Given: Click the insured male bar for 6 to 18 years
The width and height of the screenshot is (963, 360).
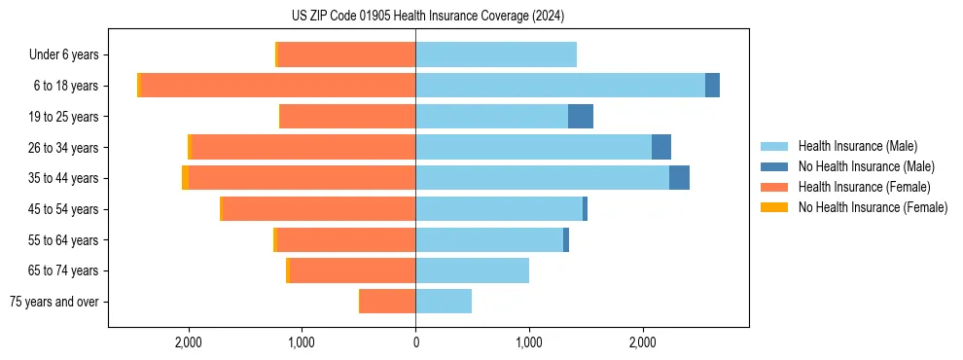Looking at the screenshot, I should point(560,86).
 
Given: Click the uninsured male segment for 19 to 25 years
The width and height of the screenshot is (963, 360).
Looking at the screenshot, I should point(581,117).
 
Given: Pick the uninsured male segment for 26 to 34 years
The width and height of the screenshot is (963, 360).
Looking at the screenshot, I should point(661,147).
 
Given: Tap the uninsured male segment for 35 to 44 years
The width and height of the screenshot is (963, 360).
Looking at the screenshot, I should point(679,178).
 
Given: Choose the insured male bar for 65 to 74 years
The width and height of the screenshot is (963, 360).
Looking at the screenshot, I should point(472,270).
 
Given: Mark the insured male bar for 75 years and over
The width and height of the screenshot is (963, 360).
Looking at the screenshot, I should point(444,302).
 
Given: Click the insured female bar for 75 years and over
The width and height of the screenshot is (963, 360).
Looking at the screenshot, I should point(388,302).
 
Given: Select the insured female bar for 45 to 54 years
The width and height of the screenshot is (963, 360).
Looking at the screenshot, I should point(320,209).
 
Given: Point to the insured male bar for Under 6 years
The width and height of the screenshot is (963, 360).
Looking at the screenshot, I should point(496,54).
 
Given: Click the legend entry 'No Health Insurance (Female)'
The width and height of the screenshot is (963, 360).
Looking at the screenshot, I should point(873,207).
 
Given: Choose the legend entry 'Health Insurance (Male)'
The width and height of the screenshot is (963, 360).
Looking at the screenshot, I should point(857,146).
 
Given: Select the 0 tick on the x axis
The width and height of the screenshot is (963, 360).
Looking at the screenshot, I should point(415,342).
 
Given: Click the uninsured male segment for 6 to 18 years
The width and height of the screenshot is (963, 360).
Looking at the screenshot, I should point(712,86).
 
